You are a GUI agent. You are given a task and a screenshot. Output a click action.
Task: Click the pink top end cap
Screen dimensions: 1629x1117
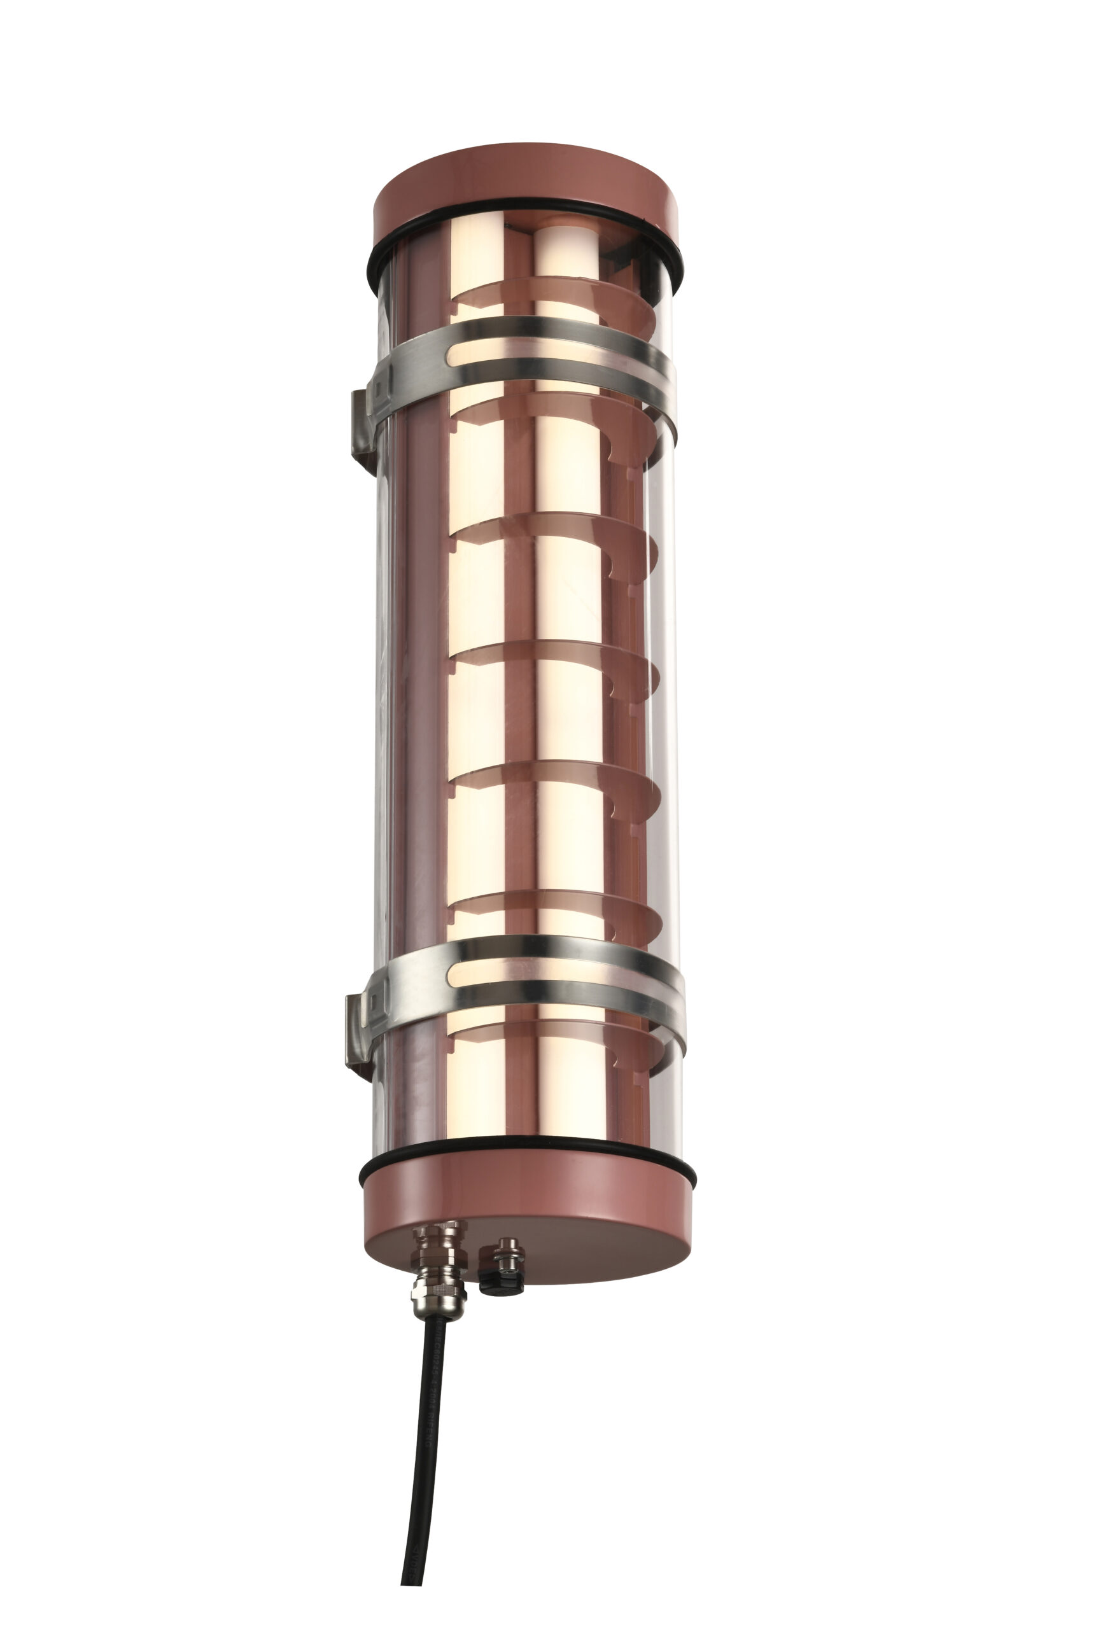(526, 193)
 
